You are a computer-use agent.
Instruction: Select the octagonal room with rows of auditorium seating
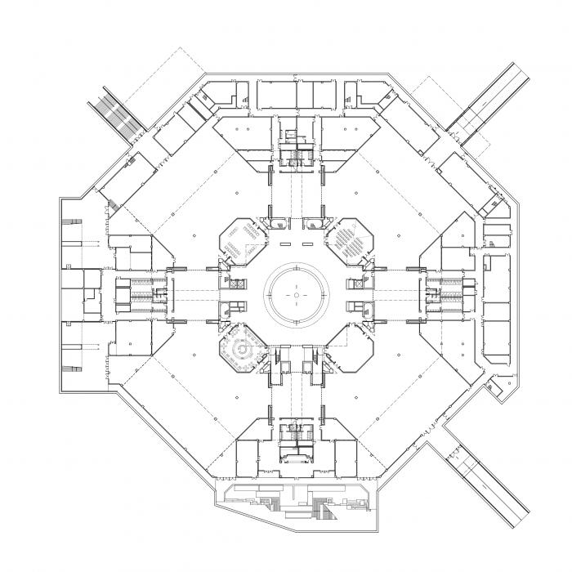pos(351,242)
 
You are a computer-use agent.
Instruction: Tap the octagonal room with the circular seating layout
pos(243,350)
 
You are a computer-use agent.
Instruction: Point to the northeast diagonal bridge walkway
pos(489,101)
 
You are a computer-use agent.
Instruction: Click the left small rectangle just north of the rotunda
pos(287,244)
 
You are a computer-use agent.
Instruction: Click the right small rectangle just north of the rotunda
pos(308,244)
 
